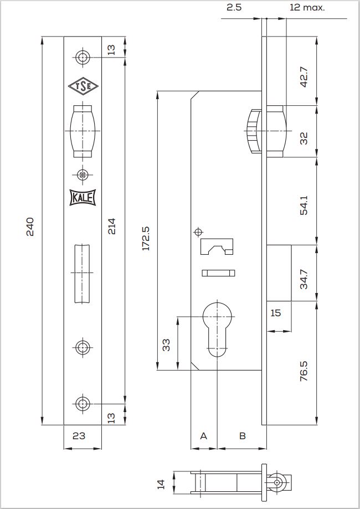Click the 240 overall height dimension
click(x=30, y=227)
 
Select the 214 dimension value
click(x=111, y=227)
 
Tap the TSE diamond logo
click(x=83, y=86)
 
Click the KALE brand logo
click(x=83, y=197)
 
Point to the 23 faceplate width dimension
click(x=79, y=436)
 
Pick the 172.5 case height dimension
click(x=146, y=238)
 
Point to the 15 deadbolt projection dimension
click(x=275, y=313)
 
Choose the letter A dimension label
click(x=203, y=436)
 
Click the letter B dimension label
click(x=243, y=436)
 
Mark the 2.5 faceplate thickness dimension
click(x=234, y=7)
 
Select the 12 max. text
click(x=307, y=7)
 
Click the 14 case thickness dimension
click(x=161, y=484)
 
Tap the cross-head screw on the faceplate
click(x=83, y=175)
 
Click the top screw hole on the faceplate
click(x=83, y=58)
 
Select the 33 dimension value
click(x=166, y=345)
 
